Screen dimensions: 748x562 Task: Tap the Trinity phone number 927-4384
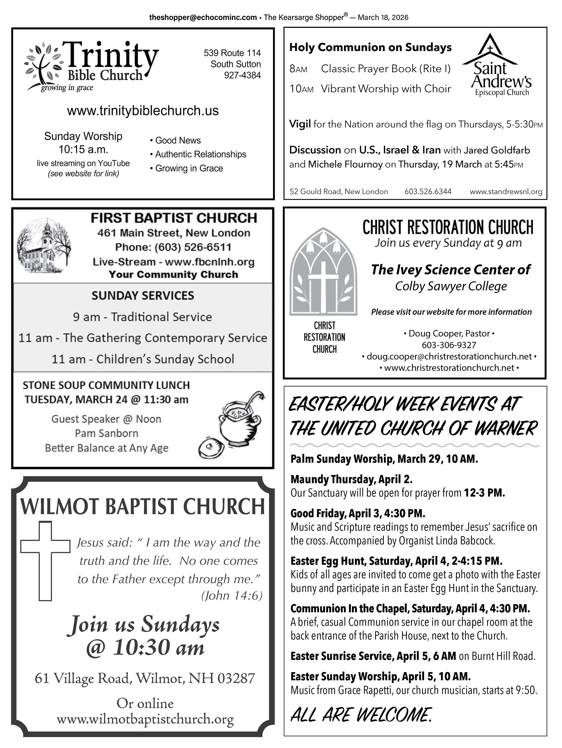point(242,75)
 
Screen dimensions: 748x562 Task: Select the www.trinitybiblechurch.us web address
point(143,111)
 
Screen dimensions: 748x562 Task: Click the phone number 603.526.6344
point(428,191)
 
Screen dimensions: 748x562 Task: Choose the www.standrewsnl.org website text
point(506,191)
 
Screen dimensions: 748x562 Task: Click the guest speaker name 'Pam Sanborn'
point(106,433)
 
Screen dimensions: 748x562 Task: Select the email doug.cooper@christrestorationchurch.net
point(449,356)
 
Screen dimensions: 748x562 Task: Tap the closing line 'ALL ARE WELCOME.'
point(361,715)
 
